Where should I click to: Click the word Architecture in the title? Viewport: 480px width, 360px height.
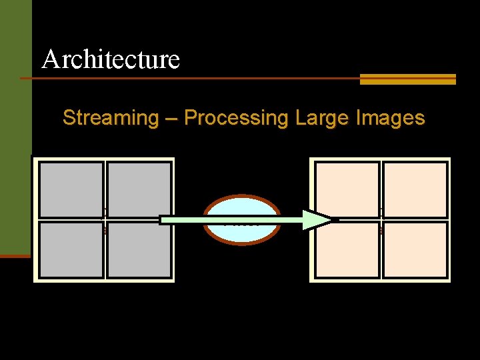tap(111, 59)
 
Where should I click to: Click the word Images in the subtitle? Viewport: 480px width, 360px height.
tap(390, 118)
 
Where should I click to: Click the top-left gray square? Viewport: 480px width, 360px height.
tap(71, 190)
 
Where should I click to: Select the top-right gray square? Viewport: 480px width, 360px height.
tap(139, 190)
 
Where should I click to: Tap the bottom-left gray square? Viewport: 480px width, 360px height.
tap(71, 250)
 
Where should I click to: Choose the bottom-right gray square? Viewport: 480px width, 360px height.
tap(139, 250)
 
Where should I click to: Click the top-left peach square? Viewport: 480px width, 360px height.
tap(347, 190)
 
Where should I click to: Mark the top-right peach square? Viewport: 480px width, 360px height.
tap(415, 190)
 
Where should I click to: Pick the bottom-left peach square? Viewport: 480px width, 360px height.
tap(347, 250)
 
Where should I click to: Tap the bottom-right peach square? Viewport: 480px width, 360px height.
tap(415, 250)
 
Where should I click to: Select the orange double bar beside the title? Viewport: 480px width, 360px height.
tap(407, 79)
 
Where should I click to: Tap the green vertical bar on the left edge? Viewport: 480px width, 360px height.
tap(15, 127)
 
